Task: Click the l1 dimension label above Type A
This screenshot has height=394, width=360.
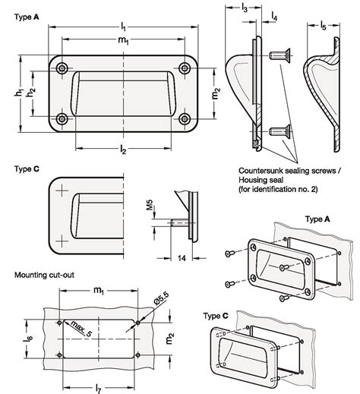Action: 123,27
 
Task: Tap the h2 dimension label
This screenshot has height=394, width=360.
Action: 31,92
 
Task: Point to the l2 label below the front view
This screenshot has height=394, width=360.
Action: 123,150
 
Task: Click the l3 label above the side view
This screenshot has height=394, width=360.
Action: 245,8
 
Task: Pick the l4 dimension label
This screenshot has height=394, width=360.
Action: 274,17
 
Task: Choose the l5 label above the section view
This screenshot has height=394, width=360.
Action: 323,25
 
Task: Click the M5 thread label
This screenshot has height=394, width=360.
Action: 150,205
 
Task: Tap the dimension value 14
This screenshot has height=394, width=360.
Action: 182,258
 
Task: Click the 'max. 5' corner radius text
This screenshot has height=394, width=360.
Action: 81,328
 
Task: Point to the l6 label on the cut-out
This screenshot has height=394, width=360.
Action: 28,339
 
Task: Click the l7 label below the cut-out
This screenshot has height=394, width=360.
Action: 99,389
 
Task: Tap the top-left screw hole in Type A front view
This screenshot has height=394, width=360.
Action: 62,68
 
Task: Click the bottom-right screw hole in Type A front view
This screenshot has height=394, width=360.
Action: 185,119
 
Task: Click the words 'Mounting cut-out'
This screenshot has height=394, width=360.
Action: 44,275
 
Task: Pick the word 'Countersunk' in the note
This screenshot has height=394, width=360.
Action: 261,171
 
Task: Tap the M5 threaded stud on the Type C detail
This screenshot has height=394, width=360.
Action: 179,223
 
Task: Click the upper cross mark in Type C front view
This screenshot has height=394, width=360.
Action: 62,191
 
